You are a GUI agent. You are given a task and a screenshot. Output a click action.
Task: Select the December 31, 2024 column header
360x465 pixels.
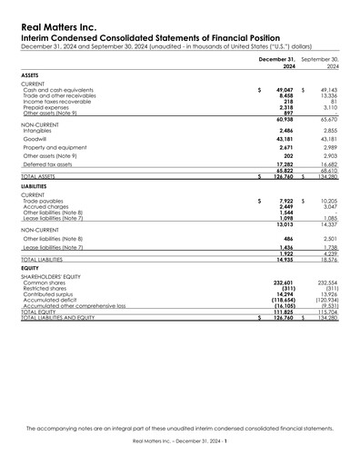[x=276, y=62]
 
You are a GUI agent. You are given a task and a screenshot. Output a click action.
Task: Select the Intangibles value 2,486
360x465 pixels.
[x=285, y=128]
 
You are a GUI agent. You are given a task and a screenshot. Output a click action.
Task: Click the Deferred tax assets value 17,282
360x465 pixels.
[x=283, y=164]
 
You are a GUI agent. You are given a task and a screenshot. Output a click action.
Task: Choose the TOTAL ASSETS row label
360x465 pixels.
[x=42, y=177]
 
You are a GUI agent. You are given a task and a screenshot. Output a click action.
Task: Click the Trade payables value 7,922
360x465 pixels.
[x=285, y=200]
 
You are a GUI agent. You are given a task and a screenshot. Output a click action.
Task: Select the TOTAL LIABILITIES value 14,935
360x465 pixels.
[x=283, y=259]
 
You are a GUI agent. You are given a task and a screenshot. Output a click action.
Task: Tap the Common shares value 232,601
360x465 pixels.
[x=281, y=282]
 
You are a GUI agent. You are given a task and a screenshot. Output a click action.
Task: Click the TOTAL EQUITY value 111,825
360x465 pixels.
[x=281, y=312]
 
